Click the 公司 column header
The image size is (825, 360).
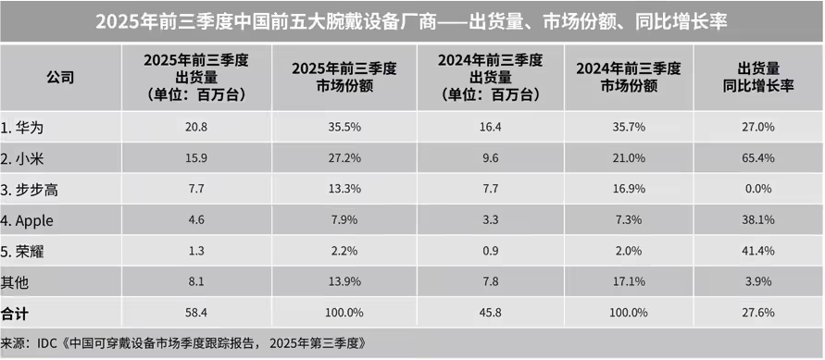coord(60,78)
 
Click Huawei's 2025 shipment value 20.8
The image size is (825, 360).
coord(195,126)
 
